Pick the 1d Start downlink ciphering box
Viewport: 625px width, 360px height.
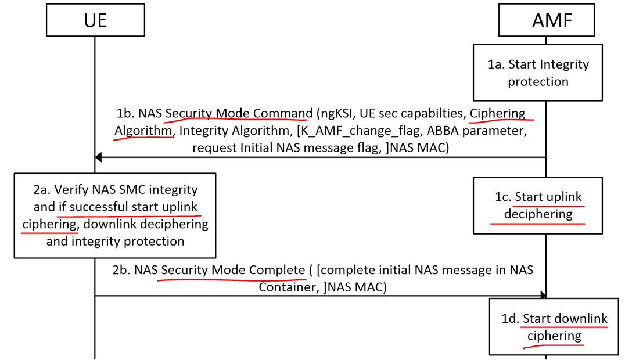[554, 327]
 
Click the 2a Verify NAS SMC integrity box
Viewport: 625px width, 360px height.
[115, 215]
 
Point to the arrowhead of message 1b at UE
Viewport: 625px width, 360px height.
[99, 157]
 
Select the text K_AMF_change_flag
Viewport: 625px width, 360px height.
[354, 131]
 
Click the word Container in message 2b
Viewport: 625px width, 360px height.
[288, 287]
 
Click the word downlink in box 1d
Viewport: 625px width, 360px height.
[580, 318]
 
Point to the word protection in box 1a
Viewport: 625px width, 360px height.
[538, 81]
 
